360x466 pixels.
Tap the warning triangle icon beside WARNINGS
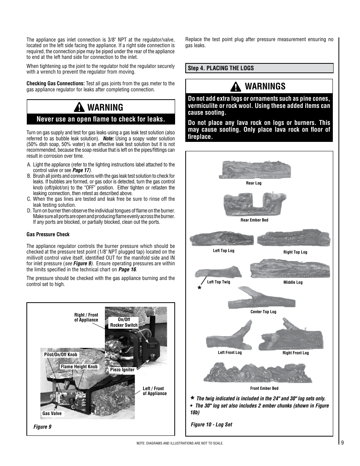coord(236,87)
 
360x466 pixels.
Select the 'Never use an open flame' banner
coord(101,119)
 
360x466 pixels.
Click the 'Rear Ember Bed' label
coord(254,220)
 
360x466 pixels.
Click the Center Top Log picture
coord(261,298)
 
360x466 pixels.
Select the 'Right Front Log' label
coord(295,353)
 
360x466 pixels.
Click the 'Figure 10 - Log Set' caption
coord(211,424)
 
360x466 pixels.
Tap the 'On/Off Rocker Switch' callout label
coord(124,322)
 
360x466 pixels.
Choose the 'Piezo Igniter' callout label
coord(122,370)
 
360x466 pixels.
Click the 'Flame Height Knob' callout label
coord(79,367)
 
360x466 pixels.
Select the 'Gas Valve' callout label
coord(52,414)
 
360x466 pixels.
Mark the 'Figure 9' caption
coord(42,427)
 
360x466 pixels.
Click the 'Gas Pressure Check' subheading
coord(48,234)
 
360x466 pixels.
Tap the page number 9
coord(342,443)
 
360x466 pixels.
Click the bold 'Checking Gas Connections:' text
coord(55,84)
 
